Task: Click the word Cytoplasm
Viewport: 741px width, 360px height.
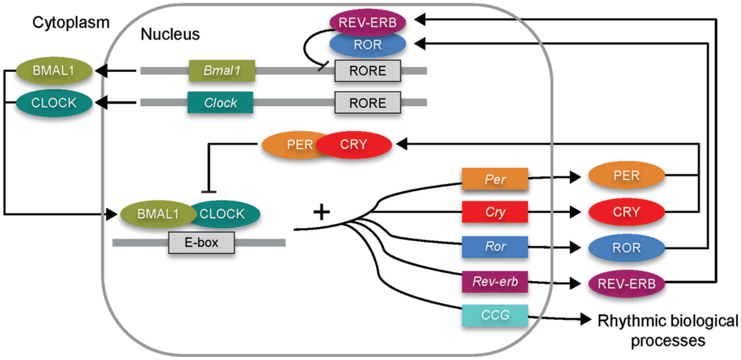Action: coord(71,23)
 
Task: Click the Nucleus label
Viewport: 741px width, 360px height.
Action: coord(170,34)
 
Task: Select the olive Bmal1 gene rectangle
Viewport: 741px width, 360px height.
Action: coord(222,71)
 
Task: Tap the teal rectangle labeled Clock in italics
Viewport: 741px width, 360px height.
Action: coord(220,103)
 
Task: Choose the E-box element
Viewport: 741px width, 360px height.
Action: coord(202,243)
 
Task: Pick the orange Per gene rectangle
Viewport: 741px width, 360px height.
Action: coord(495,179)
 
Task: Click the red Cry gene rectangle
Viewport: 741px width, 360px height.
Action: coord(495,212)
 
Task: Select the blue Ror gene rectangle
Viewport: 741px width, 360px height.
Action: coord(495,247)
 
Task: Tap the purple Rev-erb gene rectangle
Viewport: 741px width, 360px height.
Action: coord(495,282)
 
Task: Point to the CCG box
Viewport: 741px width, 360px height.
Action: coord(495,315)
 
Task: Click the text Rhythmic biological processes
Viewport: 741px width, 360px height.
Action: coord(668,331)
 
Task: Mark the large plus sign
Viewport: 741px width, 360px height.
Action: coord(321,212)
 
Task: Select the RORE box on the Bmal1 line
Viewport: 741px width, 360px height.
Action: coord(367,71)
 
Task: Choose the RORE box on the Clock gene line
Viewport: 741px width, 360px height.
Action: coord(367,103)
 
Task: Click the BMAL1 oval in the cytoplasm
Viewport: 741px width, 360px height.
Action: coord(54,71)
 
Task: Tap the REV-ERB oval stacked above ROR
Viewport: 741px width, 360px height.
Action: coord(367,22)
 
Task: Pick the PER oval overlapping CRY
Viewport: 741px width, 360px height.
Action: coord(294,144)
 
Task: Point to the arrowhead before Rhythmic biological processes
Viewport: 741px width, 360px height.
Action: coord(586,319)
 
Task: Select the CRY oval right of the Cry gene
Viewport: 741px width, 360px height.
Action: coord(627,212)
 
